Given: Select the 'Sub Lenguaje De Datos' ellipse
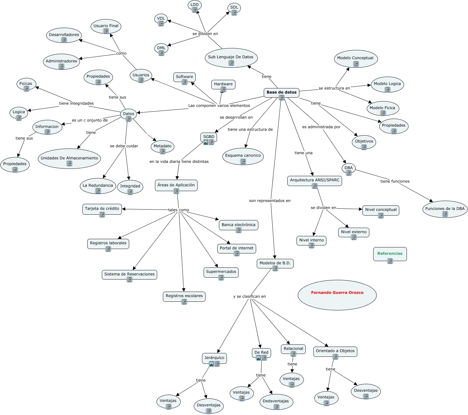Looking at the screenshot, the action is [231, 58].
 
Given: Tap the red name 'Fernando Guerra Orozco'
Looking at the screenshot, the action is [337, 292].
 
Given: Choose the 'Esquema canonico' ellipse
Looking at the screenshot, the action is [243, 156].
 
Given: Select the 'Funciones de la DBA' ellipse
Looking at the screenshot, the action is [445, 209].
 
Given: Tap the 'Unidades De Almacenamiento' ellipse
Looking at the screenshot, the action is [69, 159].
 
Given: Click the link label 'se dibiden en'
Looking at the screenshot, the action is [205, 34].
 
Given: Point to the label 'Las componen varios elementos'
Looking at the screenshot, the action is [219, 106].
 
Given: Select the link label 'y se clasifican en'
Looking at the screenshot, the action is [249, 296].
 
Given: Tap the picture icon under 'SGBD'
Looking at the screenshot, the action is [206, 142].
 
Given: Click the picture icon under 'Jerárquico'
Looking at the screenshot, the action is [211, 364].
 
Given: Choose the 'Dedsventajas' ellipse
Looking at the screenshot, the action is [276, 402].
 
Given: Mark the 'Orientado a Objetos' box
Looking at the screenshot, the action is [335, 352].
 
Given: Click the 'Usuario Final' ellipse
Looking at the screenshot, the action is [106, 27].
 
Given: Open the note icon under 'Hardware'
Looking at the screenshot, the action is [223, 89].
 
